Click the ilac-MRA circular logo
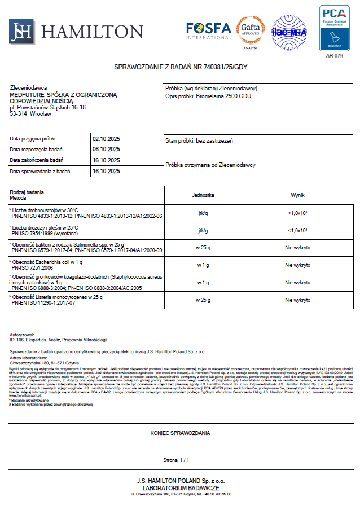pos(289,32)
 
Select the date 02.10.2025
pos(106,138)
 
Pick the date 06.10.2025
pos(106,149)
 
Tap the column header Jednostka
pos(203,195)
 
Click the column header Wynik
pos(297,195)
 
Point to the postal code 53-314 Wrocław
pos(30,113)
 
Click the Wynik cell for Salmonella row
pos(297,248)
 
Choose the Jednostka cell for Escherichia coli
pos(203,265)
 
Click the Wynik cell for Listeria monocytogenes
pos(297,300)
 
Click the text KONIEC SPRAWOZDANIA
pos(180,433)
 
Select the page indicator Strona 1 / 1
pos(180,460)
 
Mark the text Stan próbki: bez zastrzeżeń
pos(199,140)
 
